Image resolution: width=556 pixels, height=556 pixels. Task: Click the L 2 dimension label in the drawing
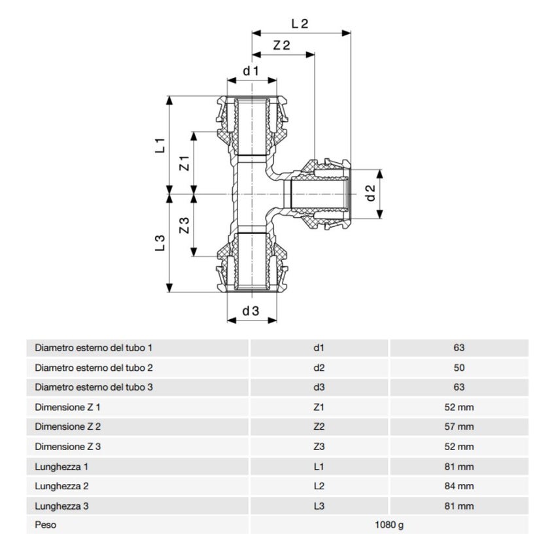click(x=300, y=23)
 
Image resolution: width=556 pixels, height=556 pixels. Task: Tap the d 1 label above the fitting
click(x=251, y=70)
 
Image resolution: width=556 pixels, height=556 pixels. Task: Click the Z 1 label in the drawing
click(x=184, y=163)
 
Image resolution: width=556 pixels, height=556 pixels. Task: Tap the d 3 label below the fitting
click(x=251, y=311)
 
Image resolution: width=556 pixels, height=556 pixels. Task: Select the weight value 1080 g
click(x=389, y=525)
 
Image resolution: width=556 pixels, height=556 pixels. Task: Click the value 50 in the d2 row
click(x=459, y=368)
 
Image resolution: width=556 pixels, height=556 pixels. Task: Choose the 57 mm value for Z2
click(x=459, y=427)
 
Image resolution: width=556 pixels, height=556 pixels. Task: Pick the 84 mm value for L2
click(x=459, y=486)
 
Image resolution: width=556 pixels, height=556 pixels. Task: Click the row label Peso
click(x=46, y=525)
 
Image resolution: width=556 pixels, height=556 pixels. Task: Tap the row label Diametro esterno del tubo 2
click(x=94, y=368)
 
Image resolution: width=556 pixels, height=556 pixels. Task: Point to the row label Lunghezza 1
click(x=61, y=466)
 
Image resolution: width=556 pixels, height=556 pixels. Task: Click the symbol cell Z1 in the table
click(x=319, y=408)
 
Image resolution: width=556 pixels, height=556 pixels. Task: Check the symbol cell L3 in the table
click(x=319, y=506)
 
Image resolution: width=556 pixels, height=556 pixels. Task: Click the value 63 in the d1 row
click(x=459, y=348)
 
